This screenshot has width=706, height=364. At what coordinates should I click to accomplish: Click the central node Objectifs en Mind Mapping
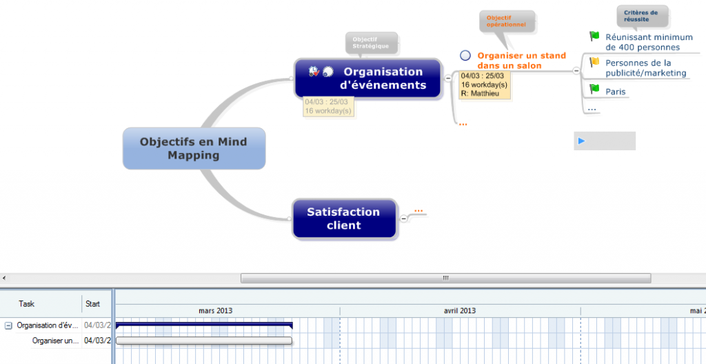pyautogui.click(x=194, y=148)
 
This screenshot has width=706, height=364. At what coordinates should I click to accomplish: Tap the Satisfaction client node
pyautogui.click(x=344, y=219)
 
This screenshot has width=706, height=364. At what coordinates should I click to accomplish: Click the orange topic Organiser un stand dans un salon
pyautogui.click(x=521, y=61)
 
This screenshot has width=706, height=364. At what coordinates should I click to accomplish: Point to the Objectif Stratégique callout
pyautogui.click(x=372, y=43)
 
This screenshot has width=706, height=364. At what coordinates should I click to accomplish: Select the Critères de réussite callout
pyautogui.click(x=641, y=16)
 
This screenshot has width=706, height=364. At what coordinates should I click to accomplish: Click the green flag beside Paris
pyautogui.click(x=594, y=89)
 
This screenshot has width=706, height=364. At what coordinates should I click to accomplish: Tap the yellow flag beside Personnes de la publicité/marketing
pyautogui.click(x=594, y=62)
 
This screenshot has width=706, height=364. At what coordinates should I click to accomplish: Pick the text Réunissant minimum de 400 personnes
pyautogui.click(x=643, y=42)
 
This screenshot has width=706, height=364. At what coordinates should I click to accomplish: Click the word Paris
pyautogui.click(x=616, y=91)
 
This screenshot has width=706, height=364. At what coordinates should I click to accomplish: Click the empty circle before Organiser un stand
pyautogui.click(x=465, y=56)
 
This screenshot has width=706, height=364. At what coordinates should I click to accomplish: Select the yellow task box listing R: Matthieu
pyautogui.click(x=485, y=85)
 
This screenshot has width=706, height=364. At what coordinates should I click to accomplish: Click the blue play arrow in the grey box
pyautogui.click(x=582, y=141)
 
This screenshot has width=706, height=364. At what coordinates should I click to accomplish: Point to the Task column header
pyautogui.click(x=27, y=303)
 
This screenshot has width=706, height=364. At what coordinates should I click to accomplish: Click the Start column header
pyautogui.click(x=92, y=303)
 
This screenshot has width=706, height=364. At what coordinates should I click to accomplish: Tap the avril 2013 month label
pyautogui.click(x=459, y=311)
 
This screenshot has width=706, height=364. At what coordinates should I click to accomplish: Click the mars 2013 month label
pyautogui.click(x=215, y=311)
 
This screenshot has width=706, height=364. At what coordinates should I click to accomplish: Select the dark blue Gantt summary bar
pyautogui.click(x=204, y=325)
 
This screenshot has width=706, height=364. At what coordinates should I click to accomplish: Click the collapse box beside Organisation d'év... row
pyautogui.click(x=8, y=325)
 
